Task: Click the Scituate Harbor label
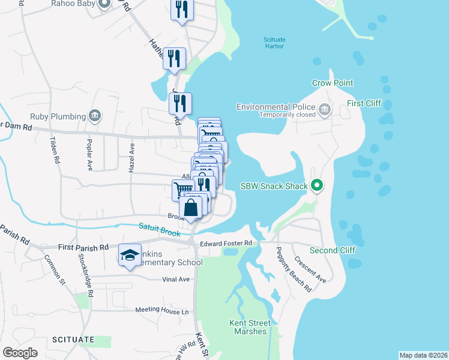point(274,44)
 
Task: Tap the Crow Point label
point(333,83)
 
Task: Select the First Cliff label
point(364,103)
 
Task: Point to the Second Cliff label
point(333,250)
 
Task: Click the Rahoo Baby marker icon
point(104,4)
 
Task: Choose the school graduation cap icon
point(130,255)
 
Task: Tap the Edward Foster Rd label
point(229,243)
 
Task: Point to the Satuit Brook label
point(159,229)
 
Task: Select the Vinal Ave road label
point(176,279)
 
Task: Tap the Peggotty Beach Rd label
point(294,269)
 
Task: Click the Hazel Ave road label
point(131,158)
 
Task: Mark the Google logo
point(20,352)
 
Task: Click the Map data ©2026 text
point(423,355)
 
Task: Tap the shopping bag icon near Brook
point(190,208)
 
